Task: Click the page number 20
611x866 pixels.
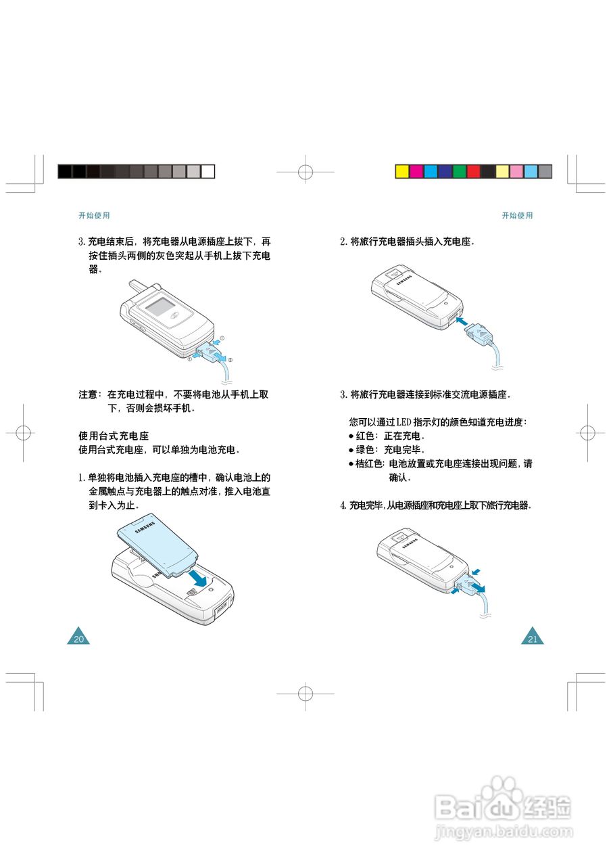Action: [x=79, y=639]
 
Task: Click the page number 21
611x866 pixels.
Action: [x=533, y=639]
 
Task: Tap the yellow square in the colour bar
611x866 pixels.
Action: [x=402, y=171]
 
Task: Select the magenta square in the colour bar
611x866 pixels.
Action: [x=416, y=171]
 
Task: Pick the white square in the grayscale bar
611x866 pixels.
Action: [x=207, y=171]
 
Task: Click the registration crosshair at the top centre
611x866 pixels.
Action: [x=305, y=171]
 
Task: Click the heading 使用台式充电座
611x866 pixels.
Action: [x=114, y=436]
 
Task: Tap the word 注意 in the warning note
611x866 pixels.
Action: [x=88, y=394]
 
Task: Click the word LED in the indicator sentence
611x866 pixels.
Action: [x=404, y=421]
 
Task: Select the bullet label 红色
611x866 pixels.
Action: [x=365, y=436]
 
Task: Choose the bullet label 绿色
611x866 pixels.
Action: [x=365, y=450]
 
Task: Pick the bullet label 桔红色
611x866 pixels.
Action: [x=369, y=463]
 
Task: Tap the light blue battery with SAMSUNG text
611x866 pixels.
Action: [x=157, y=545]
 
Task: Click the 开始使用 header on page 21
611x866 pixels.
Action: [x=517, y=215]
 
